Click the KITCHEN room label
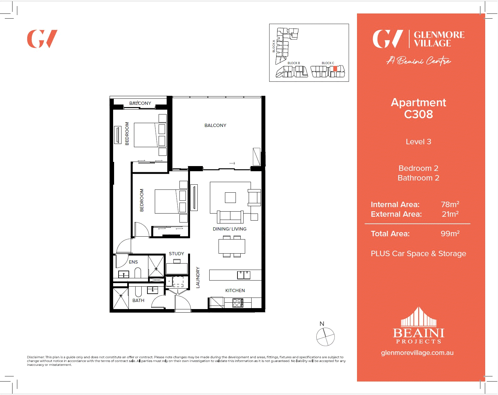(x=235, y=290)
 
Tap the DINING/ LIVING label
(x=229, y=229)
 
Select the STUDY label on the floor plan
(x=177, y=254)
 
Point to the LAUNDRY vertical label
(x=198, y=277)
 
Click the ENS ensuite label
(x=133, y=262)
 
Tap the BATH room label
(x=138, y=300)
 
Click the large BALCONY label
(x=215, y=125)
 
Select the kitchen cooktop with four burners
(x=237, y=303)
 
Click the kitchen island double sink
(x=244, y=275)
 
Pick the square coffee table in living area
(x=230, y=197)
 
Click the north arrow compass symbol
(x=325, y=337)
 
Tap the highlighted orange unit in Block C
(x=335, y=69)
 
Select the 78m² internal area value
(x=450, y=204)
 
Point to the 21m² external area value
(x=450, y=214)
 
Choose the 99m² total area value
(x=450, y=233)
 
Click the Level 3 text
(x=418, y=142)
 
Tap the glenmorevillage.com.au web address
(x=417, y=353)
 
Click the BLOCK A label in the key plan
(x=274, y=46)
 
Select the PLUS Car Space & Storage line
(x=418, y=254)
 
